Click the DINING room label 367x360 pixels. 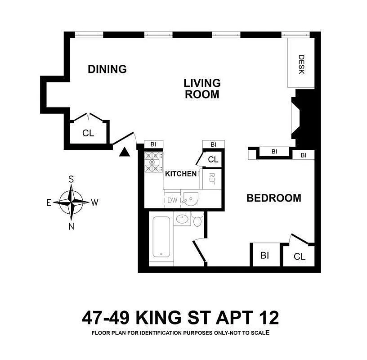107,69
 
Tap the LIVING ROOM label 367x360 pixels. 202,89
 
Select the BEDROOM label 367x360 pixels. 273,198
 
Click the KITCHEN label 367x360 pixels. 181,174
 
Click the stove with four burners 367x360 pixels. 153,163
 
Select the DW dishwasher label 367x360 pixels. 172,200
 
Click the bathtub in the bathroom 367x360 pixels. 161,238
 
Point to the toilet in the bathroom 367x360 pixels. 197,220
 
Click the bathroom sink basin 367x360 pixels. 183,220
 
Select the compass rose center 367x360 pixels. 71,202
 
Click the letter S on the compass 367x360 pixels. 71,179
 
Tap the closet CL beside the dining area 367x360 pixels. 88,133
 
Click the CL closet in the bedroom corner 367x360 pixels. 299,256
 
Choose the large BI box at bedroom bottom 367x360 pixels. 264,255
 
